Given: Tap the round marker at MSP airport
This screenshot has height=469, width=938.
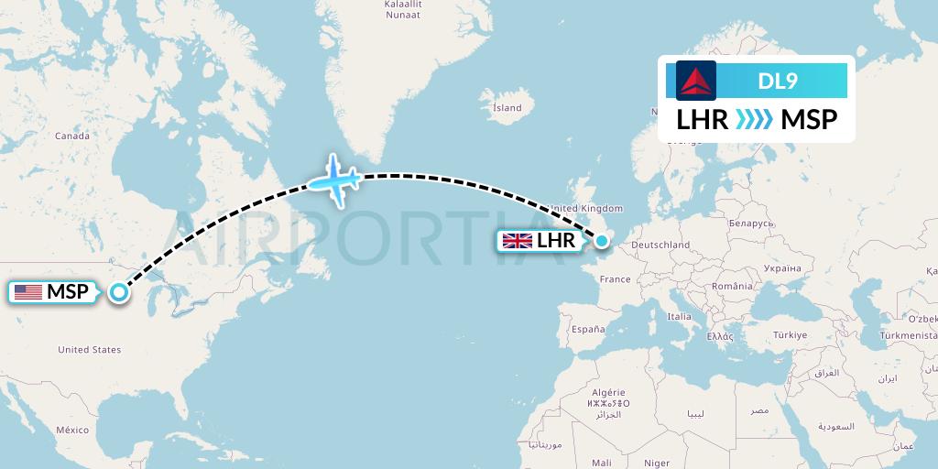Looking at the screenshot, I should (x=119, y=292).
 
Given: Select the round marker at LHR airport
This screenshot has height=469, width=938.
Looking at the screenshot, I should (x=603, y=241).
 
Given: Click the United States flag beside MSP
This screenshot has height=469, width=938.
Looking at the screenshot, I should (x=28, y=292).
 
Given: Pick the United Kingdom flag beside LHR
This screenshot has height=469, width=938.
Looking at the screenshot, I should (x=518, y=241).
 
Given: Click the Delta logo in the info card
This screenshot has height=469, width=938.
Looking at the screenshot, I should (x=696, y=81).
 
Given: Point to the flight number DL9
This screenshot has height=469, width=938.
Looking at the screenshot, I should (x=779, y=81).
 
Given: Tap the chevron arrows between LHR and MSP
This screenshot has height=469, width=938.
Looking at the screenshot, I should (x=755, y=120).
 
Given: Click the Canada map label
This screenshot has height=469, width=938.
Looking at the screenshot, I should (x=72, y=136).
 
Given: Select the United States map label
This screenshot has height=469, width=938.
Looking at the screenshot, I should (x=89, y=350).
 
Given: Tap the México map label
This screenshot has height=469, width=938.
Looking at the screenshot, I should (x=72, y=430).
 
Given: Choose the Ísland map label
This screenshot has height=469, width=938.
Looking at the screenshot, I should (x=507, y=107).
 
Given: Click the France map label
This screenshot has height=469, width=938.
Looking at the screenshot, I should (x=616, y=279).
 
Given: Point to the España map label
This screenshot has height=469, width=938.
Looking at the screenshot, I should (x=587, y=329).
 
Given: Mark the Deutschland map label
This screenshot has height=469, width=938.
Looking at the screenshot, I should (x=660, y=245).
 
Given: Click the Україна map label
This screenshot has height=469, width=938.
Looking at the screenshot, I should (x=780, y=268).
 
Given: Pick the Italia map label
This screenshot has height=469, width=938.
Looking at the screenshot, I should (x=680, y=316).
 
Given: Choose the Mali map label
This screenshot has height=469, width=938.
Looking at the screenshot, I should (x=602, y=463).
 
